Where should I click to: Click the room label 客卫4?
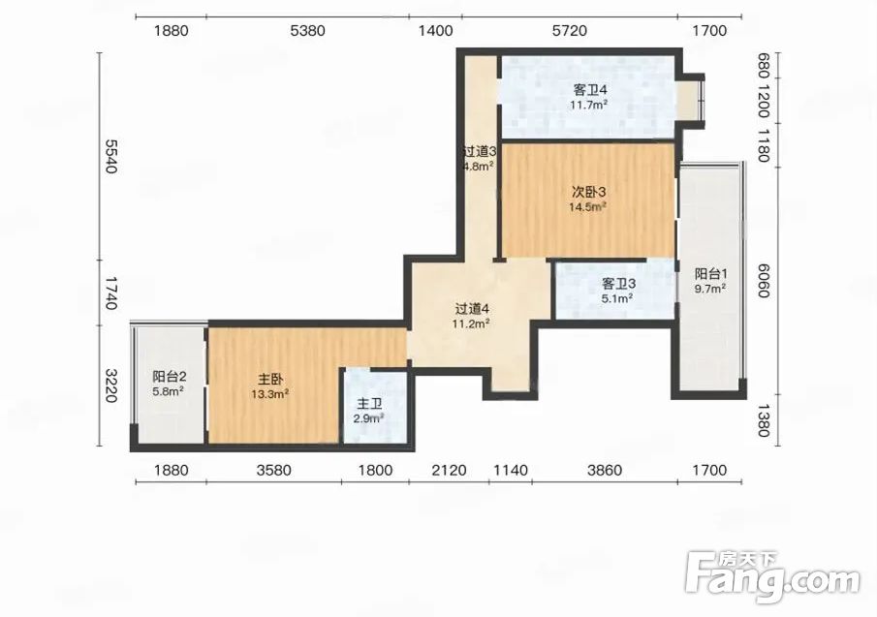pyautogui.click(x=590, y=89)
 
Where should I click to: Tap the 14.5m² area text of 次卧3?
pyautogui.click(x=588, y=206)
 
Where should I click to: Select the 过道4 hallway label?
pyautogui.click(x=472, y=308)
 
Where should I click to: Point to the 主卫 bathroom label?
pyautogui.click(x=370, y=404)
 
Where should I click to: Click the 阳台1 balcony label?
pyautogui.click(x=711, y=274)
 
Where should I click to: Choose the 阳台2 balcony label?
pyautogui.click(x=169, y=377)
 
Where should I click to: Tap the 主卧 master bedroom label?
pyautogui.click(x=270, y=380)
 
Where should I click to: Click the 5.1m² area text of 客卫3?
pyautogui.click(x=617, y=298)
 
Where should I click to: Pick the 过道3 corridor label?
pyautogui.click(x=480, y=151)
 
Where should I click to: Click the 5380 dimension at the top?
pyautogui.click(x=307, y=30)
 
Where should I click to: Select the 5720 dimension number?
pyautogui.click(x=570, y=30)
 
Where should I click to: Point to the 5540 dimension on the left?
pyautogui.click(x=111, y=157)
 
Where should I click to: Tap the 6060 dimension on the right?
pyautogui.click(x=764, y=281)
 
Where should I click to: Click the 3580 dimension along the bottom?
pyautogui.click(x=274, y=470)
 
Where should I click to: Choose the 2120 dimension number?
pyautogui.click(x=449, y=470)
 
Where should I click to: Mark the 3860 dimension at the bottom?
pyautogui.click(x=605, y=470)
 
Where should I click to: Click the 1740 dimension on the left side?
pyautogui.click(x=111, y=293)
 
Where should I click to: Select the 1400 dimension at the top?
pyautogui.click(x=436, y=30)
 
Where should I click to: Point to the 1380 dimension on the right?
pyautogui.click(x=764, y=420)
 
